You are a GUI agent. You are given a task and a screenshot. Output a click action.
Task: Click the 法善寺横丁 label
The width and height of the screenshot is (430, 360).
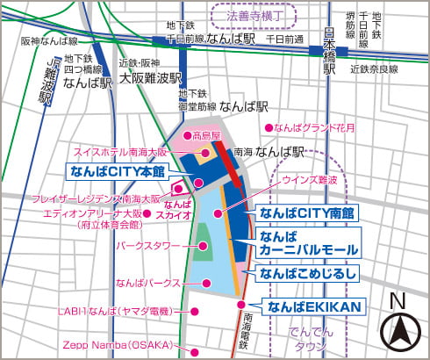(252, 16)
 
